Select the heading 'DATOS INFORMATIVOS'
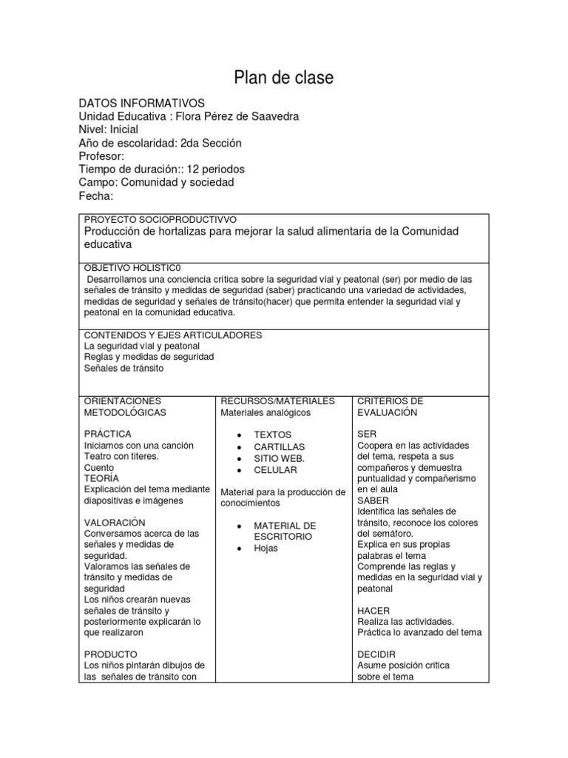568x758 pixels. tap(141, 103)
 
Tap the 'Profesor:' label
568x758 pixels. tap(101, 156)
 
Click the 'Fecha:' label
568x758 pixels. tap(96, 195)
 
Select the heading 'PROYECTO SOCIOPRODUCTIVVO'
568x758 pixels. tap(160, 220)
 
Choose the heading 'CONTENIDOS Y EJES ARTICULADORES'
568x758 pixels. tap(173, 335)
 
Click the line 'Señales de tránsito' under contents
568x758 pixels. tap(124, 368)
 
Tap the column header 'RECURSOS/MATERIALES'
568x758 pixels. tap(277, 400)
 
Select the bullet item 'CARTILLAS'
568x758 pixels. tap(279, 446)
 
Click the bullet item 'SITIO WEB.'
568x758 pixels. tap(279, 458)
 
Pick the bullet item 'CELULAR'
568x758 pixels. tap(275, 470)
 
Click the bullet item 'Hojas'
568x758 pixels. tap(266, 549)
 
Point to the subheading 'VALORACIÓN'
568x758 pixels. tap(115, 522)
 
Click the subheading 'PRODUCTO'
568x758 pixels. tap(110, 654)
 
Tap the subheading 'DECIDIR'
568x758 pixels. tap(376, 654)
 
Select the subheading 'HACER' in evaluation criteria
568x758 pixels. tap(373, 610)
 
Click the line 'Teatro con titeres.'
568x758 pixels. tap(121, 456)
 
